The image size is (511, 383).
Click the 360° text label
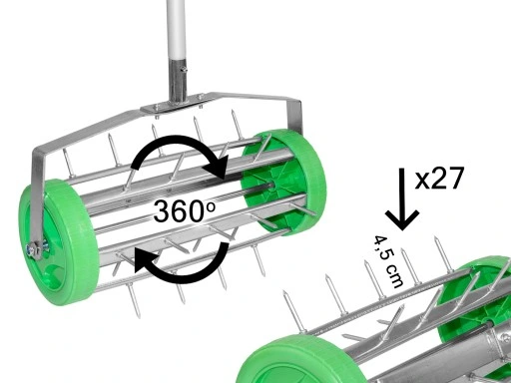point(183,211)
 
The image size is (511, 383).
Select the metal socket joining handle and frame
point(178,84)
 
